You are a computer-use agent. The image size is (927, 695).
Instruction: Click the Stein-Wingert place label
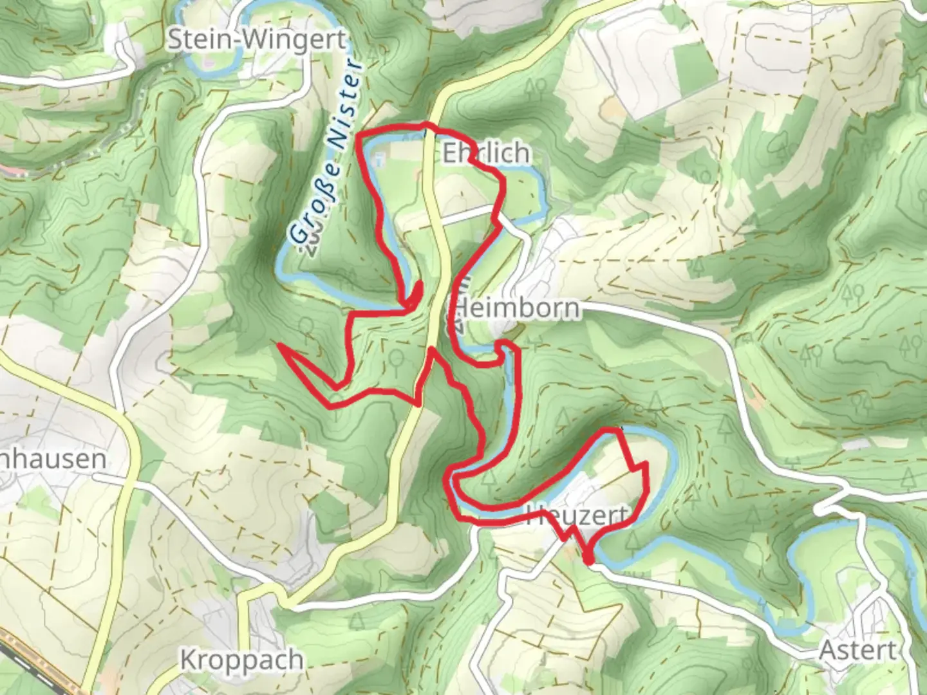(x=256, y=41)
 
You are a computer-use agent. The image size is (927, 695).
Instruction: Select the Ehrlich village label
(x=487, y=153)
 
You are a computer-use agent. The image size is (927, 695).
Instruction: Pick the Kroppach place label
(x=241, y=660)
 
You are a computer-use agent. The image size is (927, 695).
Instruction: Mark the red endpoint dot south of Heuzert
(x=588, y=560)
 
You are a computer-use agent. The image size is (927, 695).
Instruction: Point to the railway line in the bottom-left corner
(x=26, y=663)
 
